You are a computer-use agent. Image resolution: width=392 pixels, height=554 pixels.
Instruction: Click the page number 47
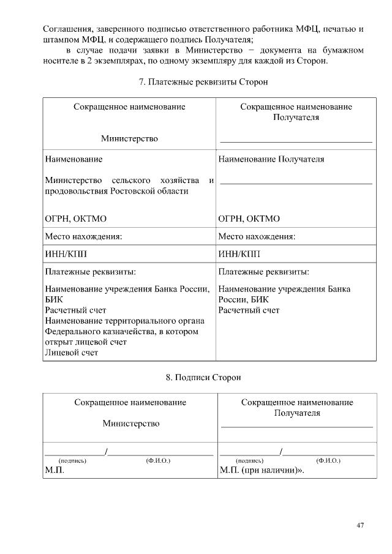click(360, 525)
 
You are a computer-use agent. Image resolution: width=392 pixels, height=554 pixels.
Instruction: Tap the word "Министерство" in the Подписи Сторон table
click(130, 423)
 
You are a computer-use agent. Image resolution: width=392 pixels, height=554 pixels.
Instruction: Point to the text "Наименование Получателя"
click(271, 159)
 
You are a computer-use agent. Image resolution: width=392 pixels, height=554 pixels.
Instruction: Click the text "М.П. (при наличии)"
click(260, 471)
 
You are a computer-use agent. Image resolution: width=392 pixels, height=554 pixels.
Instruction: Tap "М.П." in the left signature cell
click(55, 471)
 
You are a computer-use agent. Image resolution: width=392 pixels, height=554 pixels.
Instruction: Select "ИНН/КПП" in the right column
click(239, 254)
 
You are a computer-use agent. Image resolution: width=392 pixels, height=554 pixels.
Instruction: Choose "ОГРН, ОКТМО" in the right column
click(249, 219)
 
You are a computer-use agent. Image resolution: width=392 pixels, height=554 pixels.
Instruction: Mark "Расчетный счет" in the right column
click(249, 310)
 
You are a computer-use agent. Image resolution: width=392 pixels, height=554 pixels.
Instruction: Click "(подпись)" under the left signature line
click(72, 459)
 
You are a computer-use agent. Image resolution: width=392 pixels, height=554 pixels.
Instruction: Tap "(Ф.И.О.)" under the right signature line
click(328, 459)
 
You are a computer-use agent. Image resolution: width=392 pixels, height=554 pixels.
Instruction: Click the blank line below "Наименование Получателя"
click(296, 182)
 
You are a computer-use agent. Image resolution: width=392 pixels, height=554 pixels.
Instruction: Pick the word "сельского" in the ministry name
click(132, 180)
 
